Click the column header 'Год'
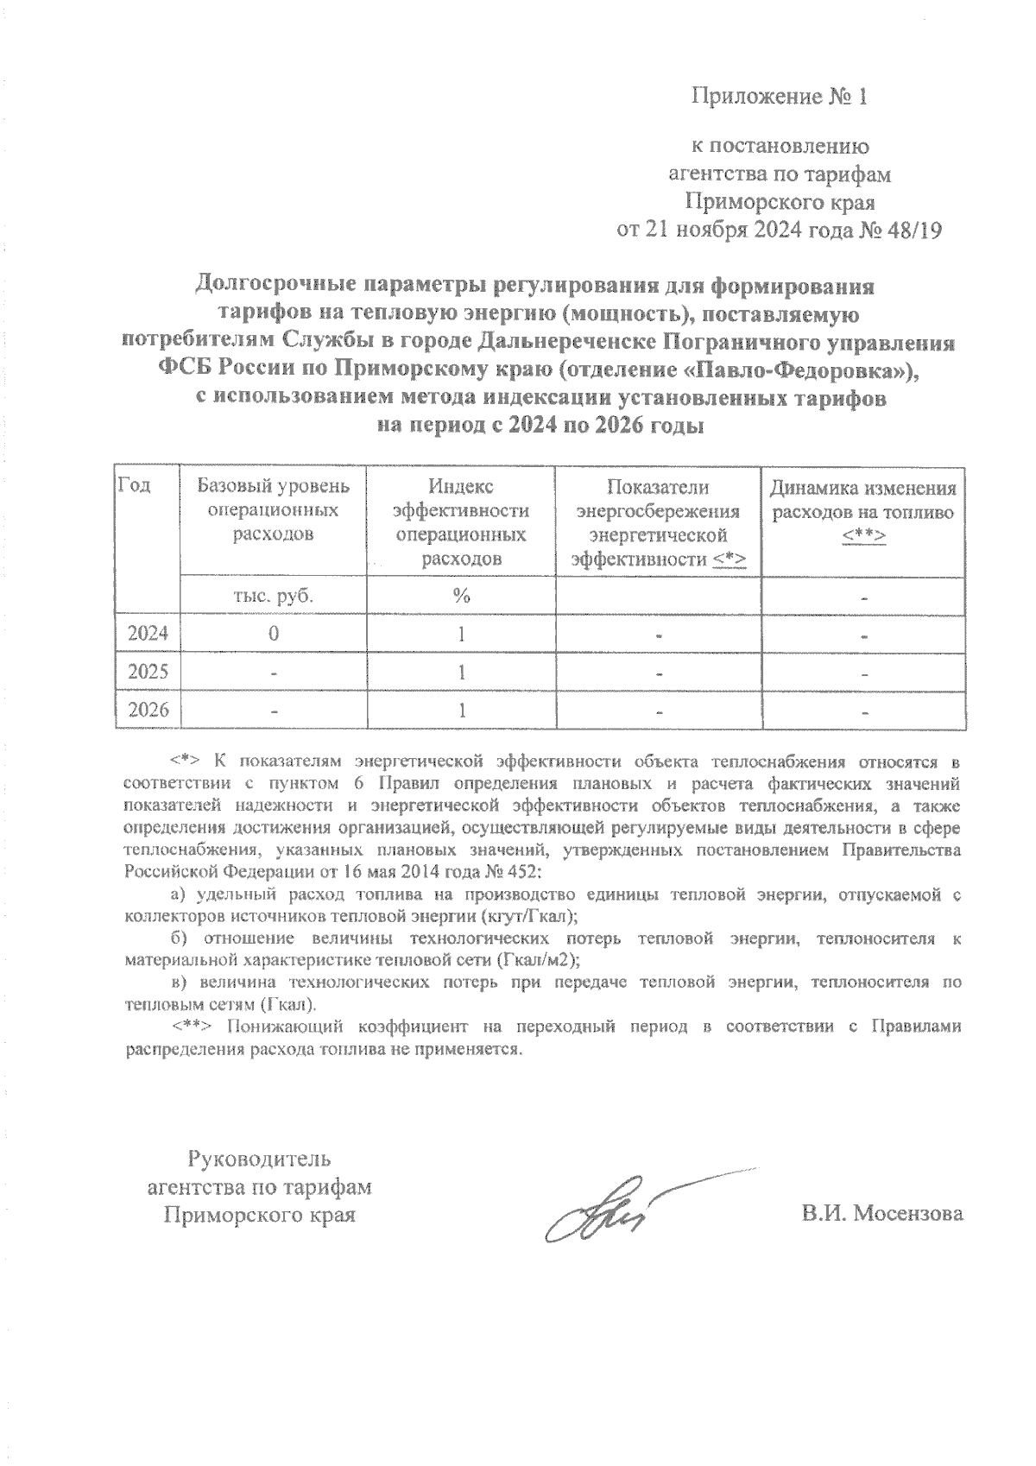pyautogui.click(x=134, y=486)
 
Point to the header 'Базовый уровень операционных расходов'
pyautogui.click(x=273, y=510)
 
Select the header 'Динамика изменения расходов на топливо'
pyautogui.click(x=863, y=511)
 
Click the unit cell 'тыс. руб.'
pyautogui.click(x=273, y=596)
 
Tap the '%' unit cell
pyautogui.click(x=462, y=596)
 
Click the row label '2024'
pyautogui.click(x=148, y=635)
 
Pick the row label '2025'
pyautogui.click(x=148, y=673)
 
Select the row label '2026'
pyautogui.click(x=148, y=711)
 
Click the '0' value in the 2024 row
pyautogui.click(x=273, y=635)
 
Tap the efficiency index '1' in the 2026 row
pyautogui.click(x=462, y=711)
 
